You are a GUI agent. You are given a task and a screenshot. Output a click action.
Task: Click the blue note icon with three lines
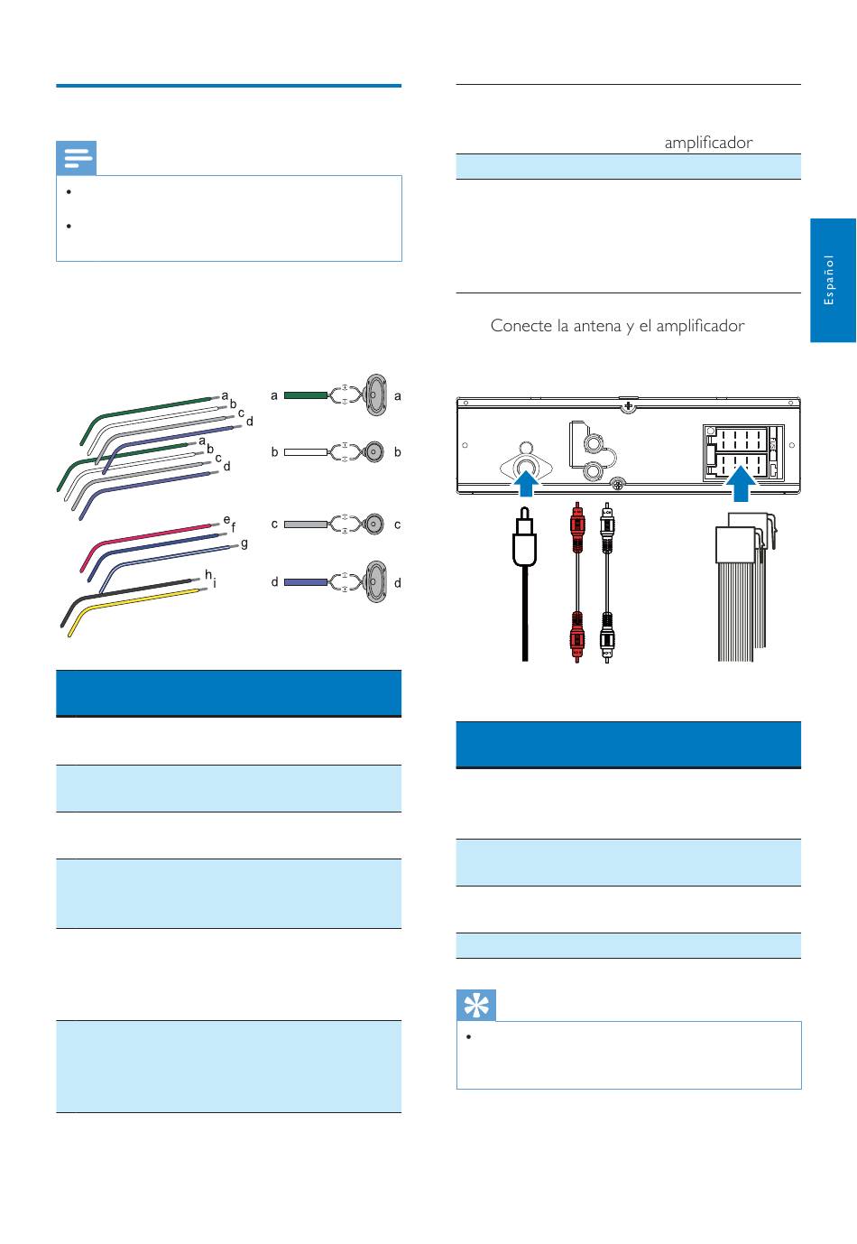tap(76, 158)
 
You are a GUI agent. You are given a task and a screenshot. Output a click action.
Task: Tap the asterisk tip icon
tap(475, 1005)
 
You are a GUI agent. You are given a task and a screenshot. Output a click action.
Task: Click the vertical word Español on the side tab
tap(828, 280)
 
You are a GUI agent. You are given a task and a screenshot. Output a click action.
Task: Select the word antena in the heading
tap(598, 325)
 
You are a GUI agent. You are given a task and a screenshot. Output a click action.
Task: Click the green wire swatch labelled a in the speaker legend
tap(305, 395)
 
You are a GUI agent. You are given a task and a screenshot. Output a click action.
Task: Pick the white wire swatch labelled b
tap(305, 452)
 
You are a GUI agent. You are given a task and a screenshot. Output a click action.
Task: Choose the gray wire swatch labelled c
tap(305, 525)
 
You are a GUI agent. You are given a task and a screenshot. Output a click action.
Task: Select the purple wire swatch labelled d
tap(305, 582)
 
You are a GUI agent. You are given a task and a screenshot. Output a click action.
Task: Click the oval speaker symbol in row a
tap(375, 395)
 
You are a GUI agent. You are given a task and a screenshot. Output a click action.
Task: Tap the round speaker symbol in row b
tap(374, 452)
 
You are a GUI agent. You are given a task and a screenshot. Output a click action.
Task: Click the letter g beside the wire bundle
tap(244, 543)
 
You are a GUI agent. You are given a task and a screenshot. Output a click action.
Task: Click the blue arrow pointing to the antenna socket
tap(525, 482)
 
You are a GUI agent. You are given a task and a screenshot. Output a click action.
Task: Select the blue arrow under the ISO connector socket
tap(741, 483)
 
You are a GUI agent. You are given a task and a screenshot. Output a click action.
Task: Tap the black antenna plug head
tap(524, 537)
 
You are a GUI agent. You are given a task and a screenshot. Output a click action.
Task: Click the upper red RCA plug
tap(577, 527)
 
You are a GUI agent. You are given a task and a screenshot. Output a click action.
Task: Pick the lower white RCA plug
tap(607, 637)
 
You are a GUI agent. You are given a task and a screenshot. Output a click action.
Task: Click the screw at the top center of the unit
tap(628, 406)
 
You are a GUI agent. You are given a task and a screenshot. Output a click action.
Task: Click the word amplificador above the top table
tap(708, 143)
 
